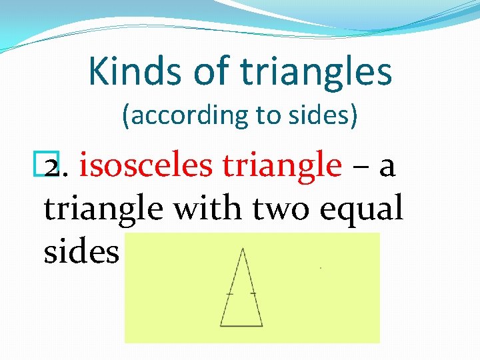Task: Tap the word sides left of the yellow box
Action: [81, 252]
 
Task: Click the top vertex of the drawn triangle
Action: [243, 249]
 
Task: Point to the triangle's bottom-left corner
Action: [221, 326]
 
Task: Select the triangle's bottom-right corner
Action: [263, 326]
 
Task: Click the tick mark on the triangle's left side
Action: [230, 293]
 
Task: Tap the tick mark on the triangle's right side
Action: [253, 293]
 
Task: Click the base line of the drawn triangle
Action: [241, 326]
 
